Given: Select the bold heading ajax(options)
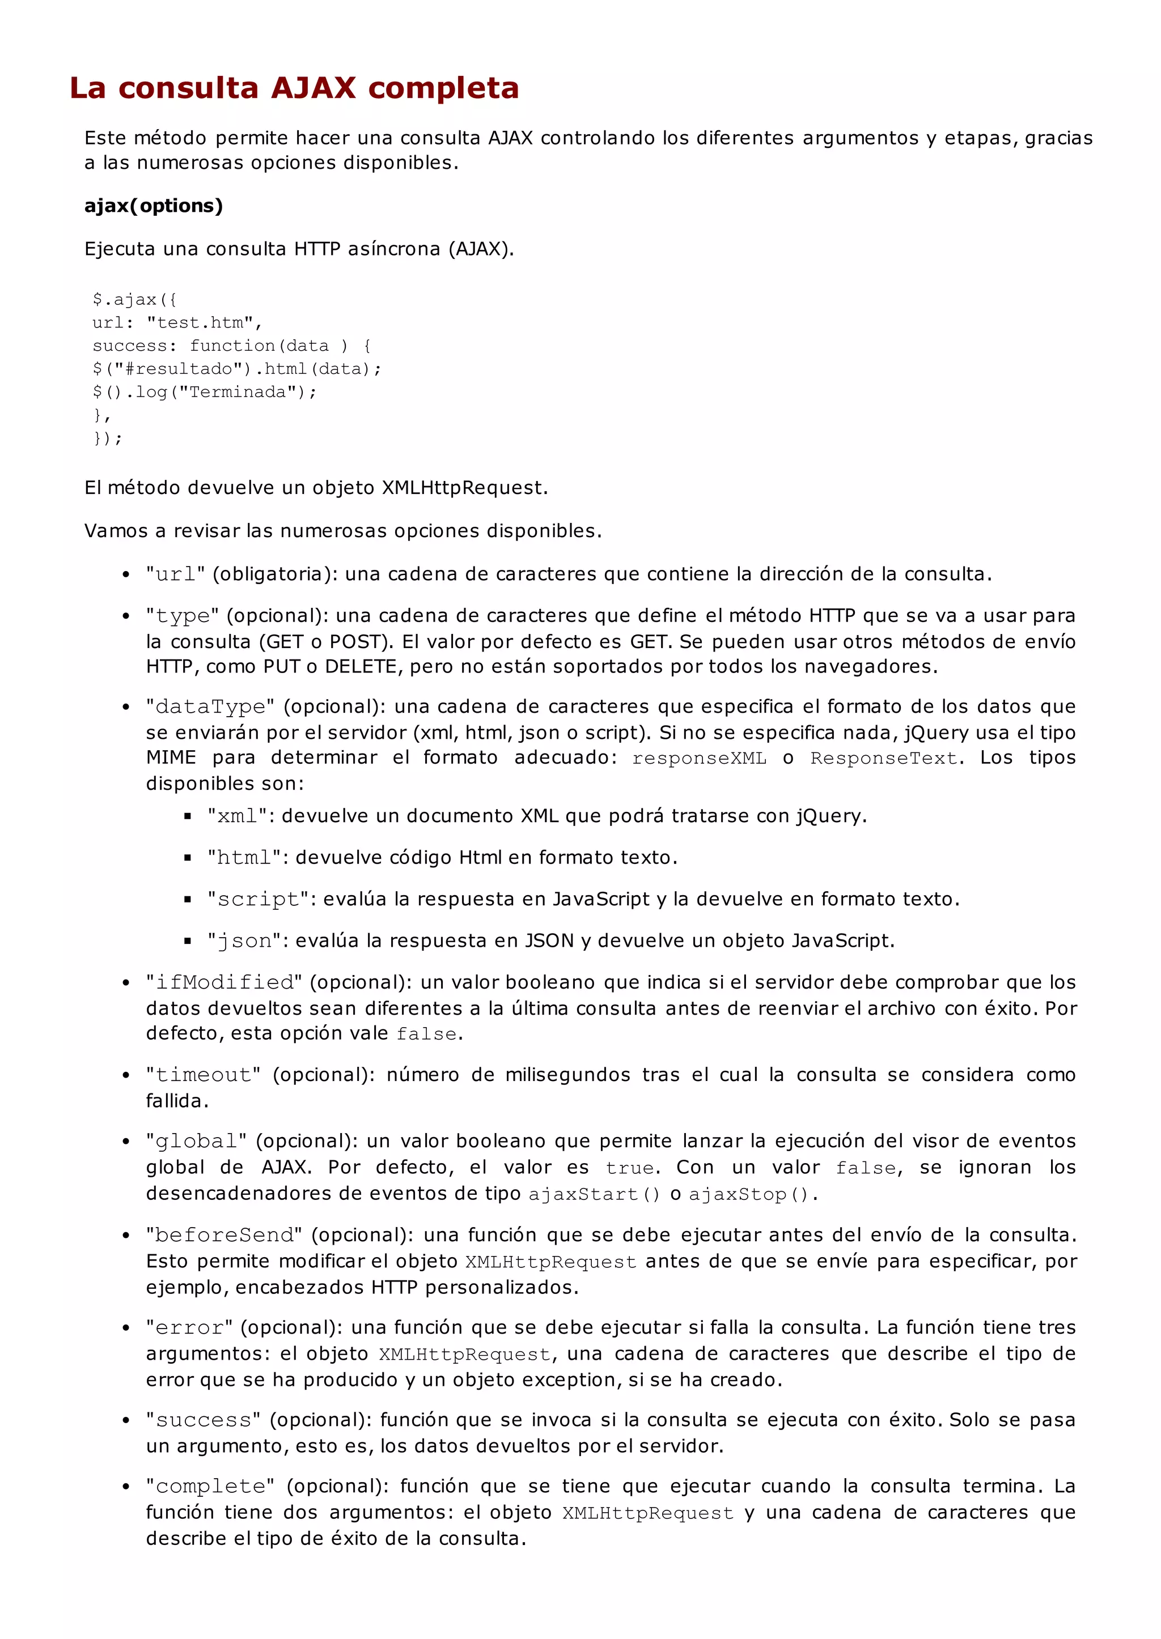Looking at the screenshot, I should point(154,206).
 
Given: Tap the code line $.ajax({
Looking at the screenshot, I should point(134,299).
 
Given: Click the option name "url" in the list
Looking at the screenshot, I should point(175,574).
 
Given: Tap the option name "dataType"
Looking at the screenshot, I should point(210,706).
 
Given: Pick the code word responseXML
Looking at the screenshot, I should point(698,758).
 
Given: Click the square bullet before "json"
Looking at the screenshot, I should point(188,942).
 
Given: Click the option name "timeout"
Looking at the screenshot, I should point(203,1075).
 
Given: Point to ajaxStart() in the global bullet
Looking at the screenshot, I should point(594,1194).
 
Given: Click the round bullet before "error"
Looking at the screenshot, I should point(126,1328).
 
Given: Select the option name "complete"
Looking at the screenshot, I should point(210,1487).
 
